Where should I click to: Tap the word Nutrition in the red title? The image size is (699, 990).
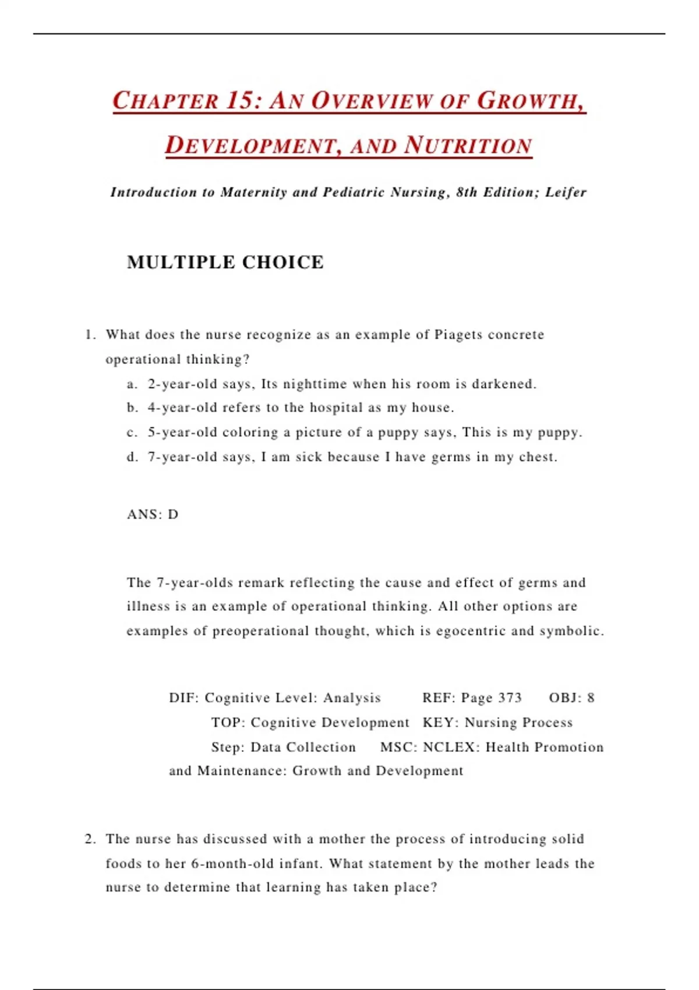[468, 146]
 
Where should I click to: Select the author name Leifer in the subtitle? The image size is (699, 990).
[566, 192]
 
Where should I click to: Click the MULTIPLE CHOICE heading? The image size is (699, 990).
[225, 262]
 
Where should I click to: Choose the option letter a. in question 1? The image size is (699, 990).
[132, 384]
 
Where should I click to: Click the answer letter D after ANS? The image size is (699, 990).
[173, 514]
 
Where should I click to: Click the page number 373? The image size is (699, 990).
[510, 698]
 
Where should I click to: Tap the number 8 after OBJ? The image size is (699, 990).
[591, 698]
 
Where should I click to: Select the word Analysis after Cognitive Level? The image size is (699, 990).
[352, 698]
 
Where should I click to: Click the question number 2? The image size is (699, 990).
[90, 839]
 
